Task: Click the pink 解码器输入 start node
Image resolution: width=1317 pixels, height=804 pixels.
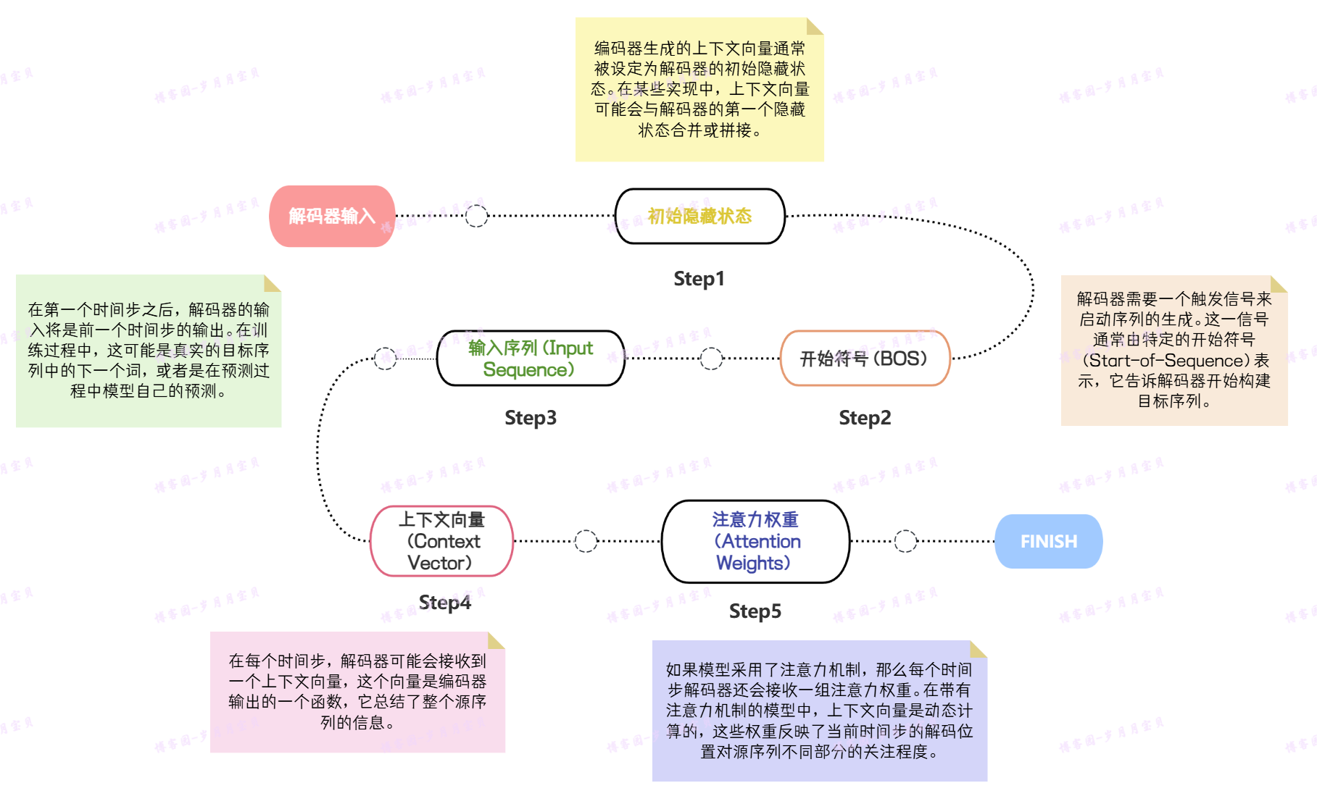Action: pos(332,216)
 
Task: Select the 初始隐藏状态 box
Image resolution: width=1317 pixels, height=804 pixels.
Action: pos(699,216)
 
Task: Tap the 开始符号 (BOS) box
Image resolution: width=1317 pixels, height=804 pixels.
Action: pos(864,359)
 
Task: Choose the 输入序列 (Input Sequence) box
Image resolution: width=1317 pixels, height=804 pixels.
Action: pos(531,359)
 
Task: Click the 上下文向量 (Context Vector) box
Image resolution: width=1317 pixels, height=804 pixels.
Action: pos(441,541)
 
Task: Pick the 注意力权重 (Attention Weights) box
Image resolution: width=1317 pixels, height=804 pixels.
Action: pos(755,541)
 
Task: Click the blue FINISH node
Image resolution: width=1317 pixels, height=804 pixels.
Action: pos(1048,541)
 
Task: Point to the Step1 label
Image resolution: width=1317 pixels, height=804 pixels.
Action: pos(699,279)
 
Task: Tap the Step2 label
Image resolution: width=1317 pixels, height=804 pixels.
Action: pos(865,418)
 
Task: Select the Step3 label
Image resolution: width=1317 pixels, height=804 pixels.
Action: pos(531,418)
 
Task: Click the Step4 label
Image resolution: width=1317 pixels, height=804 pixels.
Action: pos(445,603)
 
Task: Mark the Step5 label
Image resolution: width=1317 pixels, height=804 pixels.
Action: pos(755,611)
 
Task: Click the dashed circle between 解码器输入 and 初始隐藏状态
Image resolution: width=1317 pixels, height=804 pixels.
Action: pos(476,216)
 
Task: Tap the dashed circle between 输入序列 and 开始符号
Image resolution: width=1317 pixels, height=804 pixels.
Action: pos(711,359)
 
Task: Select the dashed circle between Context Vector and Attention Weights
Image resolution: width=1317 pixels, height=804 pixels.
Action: pos(586,541)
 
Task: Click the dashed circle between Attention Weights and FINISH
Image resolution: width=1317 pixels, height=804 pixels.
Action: pos(905,541)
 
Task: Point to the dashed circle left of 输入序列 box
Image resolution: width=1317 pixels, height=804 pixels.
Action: pos(385,358)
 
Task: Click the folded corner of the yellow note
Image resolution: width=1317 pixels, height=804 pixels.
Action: pos(815,27)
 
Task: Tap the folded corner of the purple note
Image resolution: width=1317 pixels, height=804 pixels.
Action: pos(978,649)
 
